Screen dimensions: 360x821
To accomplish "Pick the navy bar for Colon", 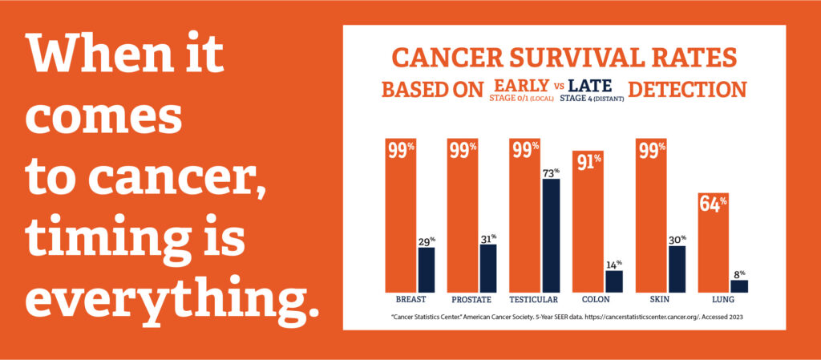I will pyautogui.click(x=614, y=281).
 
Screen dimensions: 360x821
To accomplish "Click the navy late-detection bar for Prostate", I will pyautogui.click(x=487, y=269).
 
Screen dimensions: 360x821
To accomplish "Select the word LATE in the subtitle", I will pyautogui.click(x=586, y=84).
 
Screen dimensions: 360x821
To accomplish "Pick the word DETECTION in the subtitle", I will pyautogui.click(x=687, y=89).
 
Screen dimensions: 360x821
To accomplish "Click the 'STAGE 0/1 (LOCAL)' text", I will pyautogui.click(x=519, y=99).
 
